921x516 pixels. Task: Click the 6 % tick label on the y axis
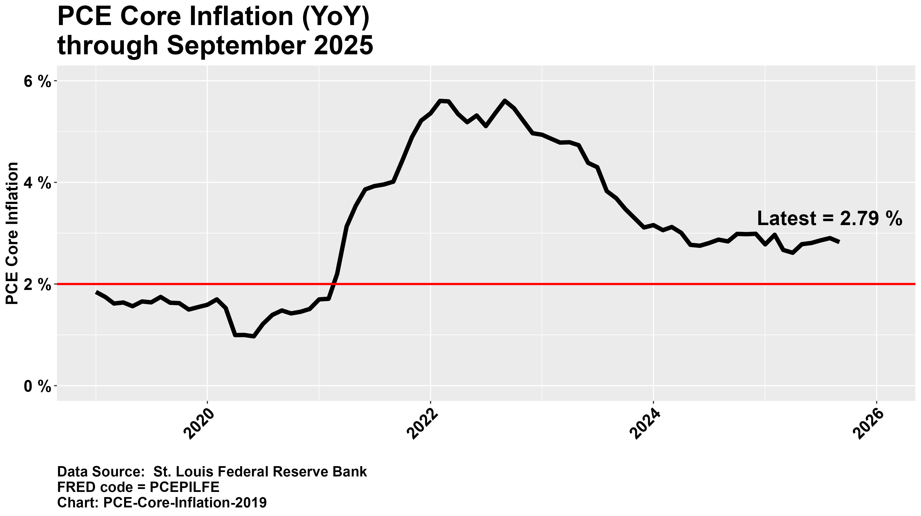pyautogui.click(x=37, y=82)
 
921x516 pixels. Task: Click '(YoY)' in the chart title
pyautogui.click(x=335, y=17)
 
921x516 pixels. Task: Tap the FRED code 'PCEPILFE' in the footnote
pyautogui.click(x=184, y=487)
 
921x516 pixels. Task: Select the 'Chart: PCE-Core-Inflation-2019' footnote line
pyautogui.click(x=162, y=502)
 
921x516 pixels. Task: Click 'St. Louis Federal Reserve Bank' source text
pyautogui.click(x=260, y=472)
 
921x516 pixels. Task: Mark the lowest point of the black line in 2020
pyautogui.click(x=253, y=336)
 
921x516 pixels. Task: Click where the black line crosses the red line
pyautogui.click(x=334, y=284)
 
